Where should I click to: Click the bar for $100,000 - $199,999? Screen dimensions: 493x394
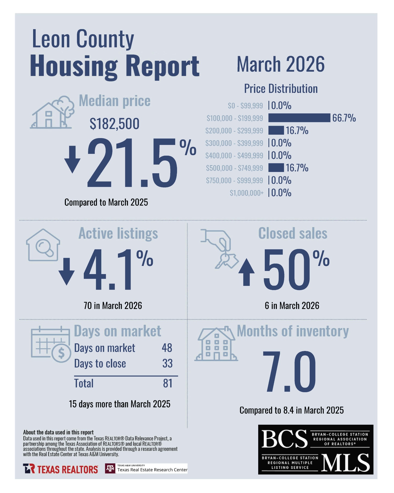point(299,118)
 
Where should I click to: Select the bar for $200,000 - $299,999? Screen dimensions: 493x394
point(276,130)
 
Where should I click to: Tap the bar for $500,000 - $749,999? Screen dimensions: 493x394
point(276,167)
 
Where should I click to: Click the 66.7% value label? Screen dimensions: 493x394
point(344,118)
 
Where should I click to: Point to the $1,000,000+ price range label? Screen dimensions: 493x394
point(246,193)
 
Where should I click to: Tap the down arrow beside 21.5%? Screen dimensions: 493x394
point(72,159)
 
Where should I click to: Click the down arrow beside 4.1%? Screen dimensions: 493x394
point(66,271)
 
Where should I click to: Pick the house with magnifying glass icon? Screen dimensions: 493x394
point(43,245)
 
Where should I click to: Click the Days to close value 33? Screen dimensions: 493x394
point(167,364)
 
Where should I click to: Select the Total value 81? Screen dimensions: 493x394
point(168,383)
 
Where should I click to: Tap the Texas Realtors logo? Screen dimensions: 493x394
point(61,469)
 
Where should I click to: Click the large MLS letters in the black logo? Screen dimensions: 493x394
point(345,463)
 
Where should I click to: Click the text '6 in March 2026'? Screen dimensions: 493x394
point(292,306)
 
